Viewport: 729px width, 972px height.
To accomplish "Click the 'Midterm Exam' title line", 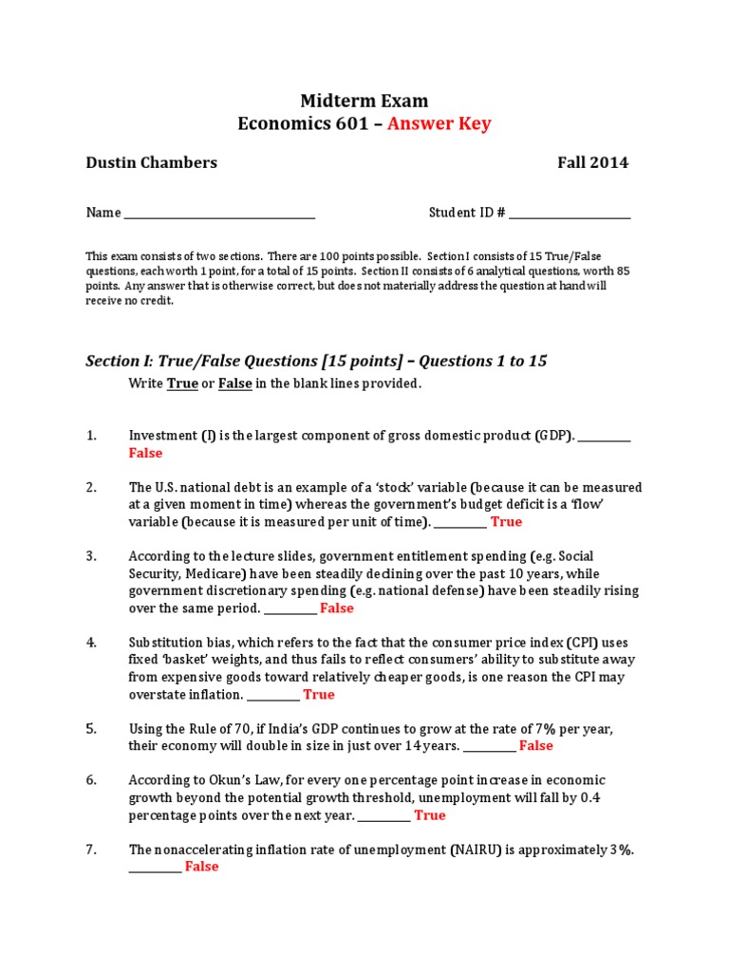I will (x=364, y=101).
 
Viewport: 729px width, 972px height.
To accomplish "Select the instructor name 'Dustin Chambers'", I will (x=152, y=162).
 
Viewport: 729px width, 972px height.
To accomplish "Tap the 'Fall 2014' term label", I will (x=592, y=162).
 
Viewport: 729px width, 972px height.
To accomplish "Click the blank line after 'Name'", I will (x=219, y=214).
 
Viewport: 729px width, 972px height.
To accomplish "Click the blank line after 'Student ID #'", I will (x=570, y=214).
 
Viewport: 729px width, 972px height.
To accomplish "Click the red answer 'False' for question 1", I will (x=145, y=453).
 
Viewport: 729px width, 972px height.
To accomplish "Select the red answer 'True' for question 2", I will (x=506, y=521).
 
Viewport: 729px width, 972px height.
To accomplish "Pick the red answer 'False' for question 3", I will (x=336, y=607).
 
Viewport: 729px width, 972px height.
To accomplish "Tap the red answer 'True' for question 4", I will (x=318, y=694).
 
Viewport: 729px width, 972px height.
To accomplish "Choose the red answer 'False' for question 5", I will (x=535, y=745).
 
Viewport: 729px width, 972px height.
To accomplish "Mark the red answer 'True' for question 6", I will (x=429, y=814).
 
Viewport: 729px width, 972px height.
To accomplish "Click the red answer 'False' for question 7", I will (x=201, y=866).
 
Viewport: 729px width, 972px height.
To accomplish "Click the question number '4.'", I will (x=92, y=643).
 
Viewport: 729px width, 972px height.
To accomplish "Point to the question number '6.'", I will (x=92, y=780).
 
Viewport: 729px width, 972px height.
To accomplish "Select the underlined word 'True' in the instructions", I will (x=182, y=383).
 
